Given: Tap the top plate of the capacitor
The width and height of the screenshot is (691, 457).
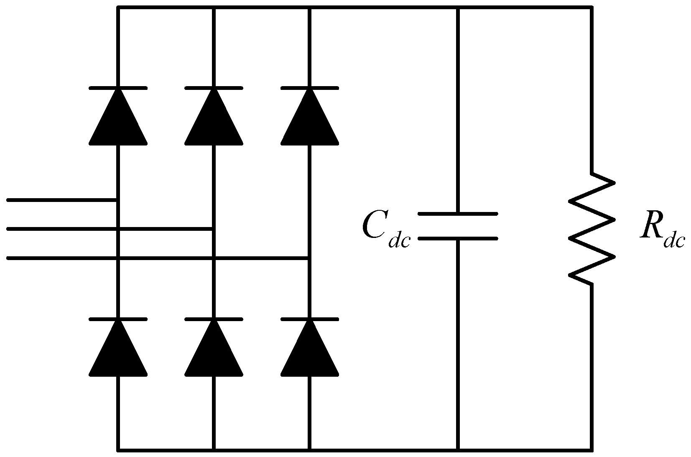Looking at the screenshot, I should (458, 214).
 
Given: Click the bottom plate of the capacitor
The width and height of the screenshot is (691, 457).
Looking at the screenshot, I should (458, 238).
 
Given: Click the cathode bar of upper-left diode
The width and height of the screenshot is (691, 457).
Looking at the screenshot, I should (118, 88).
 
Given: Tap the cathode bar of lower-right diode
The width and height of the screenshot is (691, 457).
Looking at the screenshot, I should (309, 319).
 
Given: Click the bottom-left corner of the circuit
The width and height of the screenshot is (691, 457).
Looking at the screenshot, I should (118, 450).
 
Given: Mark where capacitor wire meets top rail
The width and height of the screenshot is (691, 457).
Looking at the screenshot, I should (458, 7).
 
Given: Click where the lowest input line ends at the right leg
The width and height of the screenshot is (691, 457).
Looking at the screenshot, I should (309, 258).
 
